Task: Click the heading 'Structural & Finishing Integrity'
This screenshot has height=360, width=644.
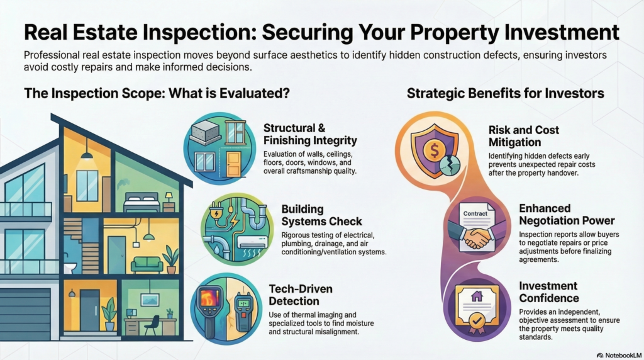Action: point(310,134)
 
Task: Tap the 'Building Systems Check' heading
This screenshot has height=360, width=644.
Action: point(321,215)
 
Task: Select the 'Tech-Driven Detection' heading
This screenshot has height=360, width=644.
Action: point(301,295)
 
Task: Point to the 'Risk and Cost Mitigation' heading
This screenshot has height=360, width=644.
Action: point(524,136)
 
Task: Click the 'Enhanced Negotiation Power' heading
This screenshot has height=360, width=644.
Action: point(567,214)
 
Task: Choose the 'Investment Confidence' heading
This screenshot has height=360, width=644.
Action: point(548,292)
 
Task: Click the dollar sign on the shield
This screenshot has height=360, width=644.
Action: point(434,150)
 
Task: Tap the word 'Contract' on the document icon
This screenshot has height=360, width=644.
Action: point(475,214)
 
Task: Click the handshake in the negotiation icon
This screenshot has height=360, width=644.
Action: point(477,237)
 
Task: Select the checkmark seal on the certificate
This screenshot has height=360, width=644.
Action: point(477,321)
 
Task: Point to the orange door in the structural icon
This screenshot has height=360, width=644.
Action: point(233,164)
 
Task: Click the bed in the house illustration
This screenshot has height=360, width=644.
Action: point(142,202)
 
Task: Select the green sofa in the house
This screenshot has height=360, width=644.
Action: point(147,265)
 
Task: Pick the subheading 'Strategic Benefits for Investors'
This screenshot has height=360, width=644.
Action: point(505,93)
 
